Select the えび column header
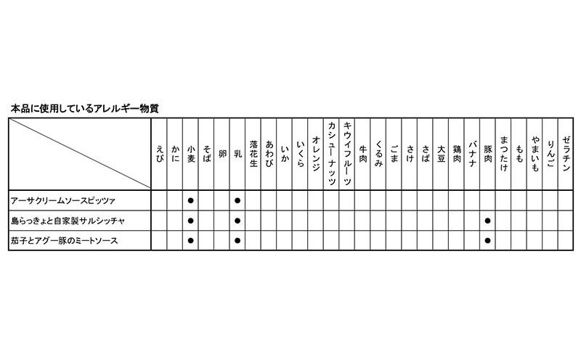[159, 153]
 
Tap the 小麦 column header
[190, 153]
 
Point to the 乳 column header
[237, 153]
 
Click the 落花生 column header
[253, 153]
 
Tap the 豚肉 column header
[488, 153]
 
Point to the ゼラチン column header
[566, 153]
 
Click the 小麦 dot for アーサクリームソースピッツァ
[190, 199]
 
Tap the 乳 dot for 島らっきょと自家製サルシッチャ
[237, 219]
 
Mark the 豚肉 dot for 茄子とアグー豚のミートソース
[488, 240]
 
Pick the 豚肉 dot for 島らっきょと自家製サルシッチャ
[488, 219]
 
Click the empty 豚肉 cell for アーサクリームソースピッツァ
[488, 199]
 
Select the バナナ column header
[473, 153]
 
